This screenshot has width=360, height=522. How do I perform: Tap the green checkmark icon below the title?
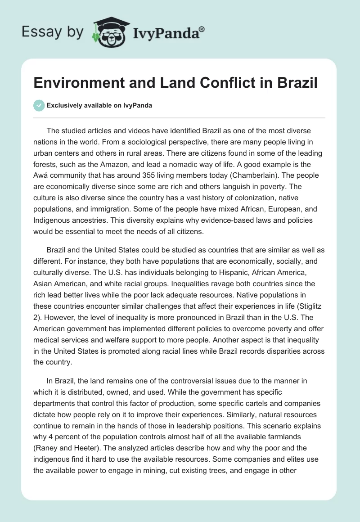pyautogui.click(x=39, y=105)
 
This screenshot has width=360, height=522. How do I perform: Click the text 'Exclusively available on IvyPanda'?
pyautogui.click(x=99, y=106)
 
